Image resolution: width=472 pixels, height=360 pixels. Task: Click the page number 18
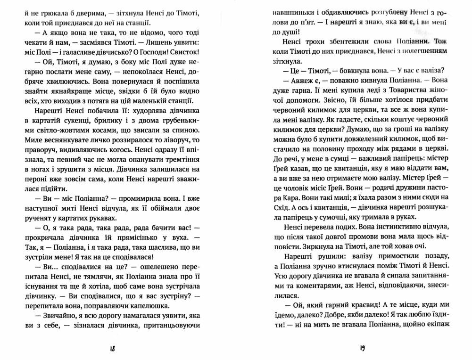point(112,349)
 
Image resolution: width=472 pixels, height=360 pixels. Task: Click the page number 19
point(362,349)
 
